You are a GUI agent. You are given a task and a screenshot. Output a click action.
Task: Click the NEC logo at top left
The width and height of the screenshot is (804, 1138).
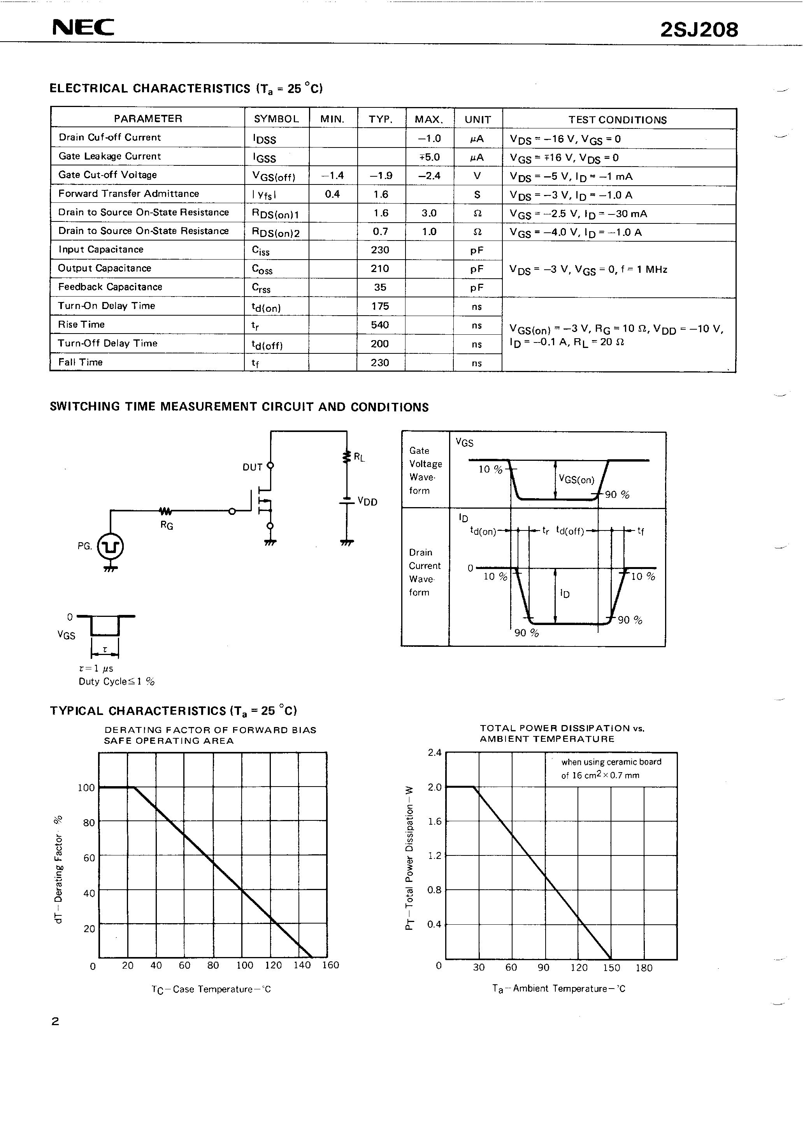point(83,28)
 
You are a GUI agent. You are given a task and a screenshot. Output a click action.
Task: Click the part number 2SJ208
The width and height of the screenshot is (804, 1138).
point(699,30)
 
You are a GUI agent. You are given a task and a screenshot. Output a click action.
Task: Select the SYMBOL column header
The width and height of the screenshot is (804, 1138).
point(276,119)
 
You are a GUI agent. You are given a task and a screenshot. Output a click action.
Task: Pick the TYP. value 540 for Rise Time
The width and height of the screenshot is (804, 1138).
point(380,325)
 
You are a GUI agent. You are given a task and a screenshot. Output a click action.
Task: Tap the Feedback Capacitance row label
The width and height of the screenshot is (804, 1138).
point(110,287)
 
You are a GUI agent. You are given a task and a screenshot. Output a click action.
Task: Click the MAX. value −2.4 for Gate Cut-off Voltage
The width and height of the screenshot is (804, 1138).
point(429,176)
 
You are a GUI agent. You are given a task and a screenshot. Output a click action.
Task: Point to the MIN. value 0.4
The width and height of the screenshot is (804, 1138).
point(332,194)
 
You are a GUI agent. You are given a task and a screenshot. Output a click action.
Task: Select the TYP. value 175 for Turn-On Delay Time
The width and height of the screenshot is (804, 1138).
point(380,306)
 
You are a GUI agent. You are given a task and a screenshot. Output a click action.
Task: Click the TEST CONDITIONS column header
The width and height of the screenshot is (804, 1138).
point(617,120)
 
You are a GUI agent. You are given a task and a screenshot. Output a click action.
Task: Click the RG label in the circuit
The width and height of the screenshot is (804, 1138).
point(167,525)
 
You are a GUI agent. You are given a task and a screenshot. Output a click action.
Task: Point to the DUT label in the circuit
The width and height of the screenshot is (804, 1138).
point(252,467)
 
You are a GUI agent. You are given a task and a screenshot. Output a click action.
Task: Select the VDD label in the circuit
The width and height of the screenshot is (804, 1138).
point(367,502)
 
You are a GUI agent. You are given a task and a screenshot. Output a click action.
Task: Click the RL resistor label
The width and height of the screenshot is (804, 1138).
point(359,457)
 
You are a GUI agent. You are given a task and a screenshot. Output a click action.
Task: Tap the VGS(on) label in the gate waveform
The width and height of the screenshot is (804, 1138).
point(576,479)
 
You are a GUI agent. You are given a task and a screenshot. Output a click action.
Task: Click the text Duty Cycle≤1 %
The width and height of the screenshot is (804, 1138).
point(116,681)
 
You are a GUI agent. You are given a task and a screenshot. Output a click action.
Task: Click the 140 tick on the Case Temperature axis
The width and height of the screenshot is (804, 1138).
point(302,965)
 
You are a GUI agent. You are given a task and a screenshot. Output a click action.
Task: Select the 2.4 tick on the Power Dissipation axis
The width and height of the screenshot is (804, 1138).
point(434,752)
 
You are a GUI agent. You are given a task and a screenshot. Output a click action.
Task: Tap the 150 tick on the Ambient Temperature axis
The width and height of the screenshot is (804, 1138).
point(612,968)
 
